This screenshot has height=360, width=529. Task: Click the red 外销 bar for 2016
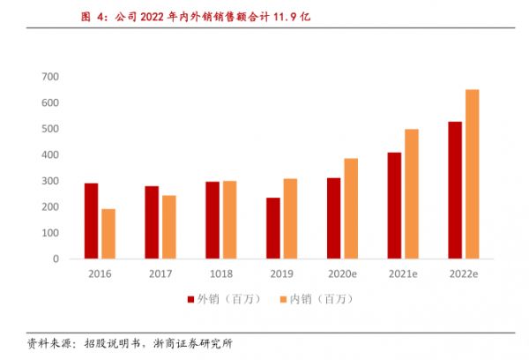pos(91,221)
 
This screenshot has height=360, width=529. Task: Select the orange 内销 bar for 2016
pos(108,234)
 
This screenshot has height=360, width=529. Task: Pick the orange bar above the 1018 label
pos(229,220)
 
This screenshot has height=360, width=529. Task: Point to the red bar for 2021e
pos(394,206)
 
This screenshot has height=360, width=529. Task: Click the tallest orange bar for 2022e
pos(473,174)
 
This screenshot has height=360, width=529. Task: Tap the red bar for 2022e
pos(455,190)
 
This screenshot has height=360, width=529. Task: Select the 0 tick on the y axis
pos(55,259)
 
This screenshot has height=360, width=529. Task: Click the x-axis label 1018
pos(220,274)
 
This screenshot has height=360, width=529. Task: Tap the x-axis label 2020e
pos(342,274)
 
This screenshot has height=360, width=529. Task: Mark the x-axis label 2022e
pos(464,274)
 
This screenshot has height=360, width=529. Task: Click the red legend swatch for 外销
pos(190,299)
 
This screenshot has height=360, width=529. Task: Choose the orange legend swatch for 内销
pos(284,299)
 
